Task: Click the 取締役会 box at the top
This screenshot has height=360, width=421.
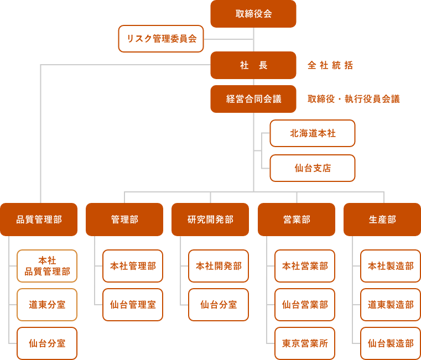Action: (253, 14)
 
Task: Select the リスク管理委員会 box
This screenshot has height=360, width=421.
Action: (161, 39)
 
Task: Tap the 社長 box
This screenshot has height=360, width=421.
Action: (253, 65)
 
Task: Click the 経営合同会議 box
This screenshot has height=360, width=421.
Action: (253, 99)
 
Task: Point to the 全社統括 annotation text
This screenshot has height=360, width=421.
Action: (330, 65)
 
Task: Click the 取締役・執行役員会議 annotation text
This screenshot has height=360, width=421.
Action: (353, 99)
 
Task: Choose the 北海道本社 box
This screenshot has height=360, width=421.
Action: (313, 133)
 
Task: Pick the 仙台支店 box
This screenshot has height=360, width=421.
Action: (313, 168)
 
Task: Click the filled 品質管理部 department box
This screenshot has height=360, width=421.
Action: (39, 220)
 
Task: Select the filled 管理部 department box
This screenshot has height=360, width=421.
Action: (124, 220)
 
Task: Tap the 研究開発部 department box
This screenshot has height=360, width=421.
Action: (210, 220)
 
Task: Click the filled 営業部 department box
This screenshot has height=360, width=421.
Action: (297, 220)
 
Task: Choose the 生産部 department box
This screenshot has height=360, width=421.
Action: (382, 220)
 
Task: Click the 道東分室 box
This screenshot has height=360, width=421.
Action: (47, 305)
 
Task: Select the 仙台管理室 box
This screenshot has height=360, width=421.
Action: (133, 305)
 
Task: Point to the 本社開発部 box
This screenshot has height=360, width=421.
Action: (219, 266)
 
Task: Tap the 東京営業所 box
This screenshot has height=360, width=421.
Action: (305, 343)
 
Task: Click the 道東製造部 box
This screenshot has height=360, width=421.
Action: (391, 305)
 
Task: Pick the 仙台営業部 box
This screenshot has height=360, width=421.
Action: (305, 305)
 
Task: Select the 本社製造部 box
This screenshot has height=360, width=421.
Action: (391, 266)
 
